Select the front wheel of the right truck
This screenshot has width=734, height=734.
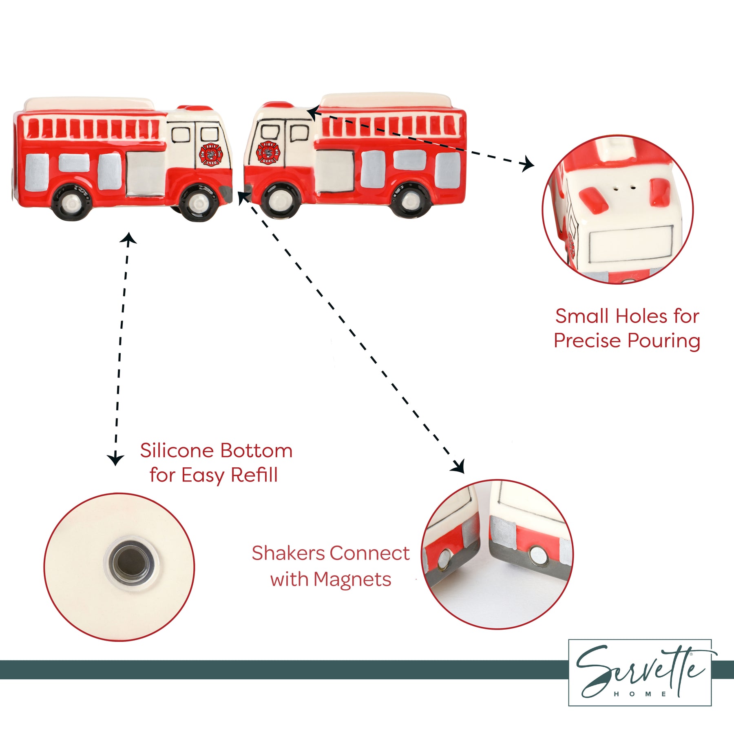pos(279,200)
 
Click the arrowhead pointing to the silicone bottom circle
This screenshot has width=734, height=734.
pos(116,460)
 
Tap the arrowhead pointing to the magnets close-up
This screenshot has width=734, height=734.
pos(460,467)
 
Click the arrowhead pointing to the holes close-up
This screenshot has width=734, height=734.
pos(529,164)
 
